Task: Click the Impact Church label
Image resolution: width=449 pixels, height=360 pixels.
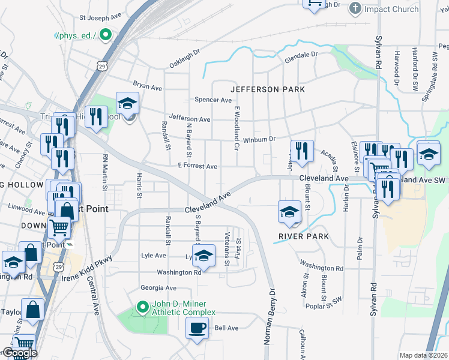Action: tap(392, 9)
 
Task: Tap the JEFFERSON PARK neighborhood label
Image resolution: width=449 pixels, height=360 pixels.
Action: tap(267, 89)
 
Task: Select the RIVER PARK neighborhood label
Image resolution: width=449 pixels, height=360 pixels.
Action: tap(304, 236)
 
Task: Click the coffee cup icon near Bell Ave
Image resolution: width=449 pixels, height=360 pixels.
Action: tap(197, 328)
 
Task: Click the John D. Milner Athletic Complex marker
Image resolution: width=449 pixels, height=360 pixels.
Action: tap(142, 308)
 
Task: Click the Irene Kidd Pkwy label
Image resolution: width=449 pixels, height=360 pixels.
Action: tap(86, 268)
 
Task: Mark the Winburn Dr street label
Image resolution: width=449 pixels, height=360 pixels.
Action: tap(259, 139)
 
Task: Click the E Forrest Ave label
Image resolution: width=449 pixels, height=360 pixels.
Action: tap(197, 166)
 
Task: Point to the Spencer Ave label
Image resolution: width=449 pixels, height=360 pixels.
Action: tap(213, 100)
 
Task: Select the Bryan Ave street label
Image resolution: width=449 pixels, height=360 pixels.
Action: tap(148, 87)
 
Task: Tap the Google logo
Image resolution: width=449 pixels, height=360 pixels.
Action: tap(19, 353)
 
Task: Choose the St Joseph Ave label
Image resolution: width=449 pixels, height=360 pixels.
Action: tap(101, 19)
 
